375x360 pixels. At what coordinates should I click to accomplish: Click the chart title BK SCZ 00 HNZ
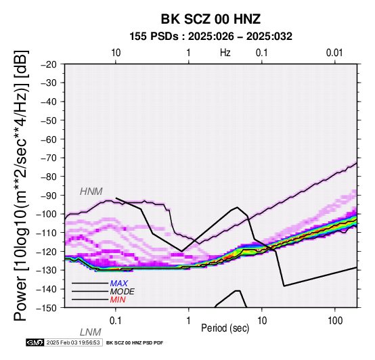pos(211,19)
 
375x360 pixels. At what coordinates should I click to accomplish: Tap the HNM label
pos(91,192)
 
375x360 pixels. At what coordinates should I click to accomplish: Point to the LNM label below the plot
pos(91,332)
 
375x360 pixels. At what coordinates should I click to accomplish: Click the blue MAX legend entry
pos(119,284)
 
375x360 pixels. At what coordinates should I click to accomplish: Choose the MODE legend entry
pos(123,292)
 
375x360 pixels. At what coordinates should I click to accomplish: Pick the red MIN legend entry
pos(118,300)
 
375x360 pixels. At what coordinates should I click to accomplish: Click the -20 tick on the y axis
pos(49,64)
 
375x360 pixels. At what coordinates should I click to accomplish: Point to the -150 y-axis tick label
pos(47,308)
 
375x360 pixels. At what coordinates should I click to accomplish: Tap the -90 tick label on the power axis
pos(49,196)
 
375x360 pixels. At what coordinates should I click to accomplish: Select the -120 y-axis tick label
pos(47,252)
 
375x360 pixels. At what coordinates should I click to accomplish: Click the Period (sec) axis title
pos(225,328)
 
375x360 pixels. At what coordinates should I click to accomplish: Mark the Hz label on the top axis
pos(225,53)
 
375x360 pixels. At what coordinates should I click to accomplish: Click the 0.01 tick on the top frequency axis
pos(334,53)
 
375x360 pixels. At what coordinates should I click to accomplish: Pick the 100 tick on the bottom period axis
pos(335,321)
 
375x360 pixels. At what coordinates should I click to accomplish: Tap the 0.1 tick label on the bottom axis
pos(116,321)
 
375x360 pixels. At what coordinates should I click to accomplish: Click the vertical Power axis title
pos(20,185)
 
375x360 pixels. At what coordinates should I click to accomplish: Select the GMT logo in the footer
pos(35,342)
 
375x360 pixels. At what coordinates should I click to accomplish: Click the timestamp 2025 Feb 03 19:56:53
pos(73,342)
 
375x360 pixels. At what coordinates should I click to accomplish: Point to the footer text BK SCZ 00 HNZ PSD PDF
pos(135,343)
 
